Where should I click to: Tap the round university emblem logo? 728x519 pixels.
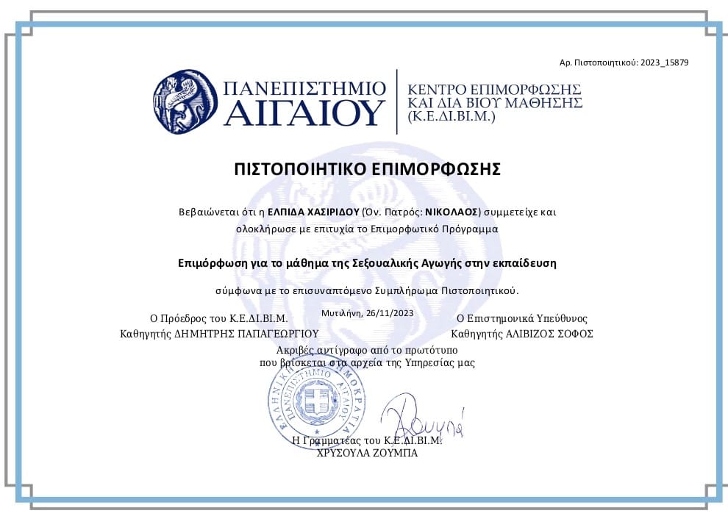tap(185, 102)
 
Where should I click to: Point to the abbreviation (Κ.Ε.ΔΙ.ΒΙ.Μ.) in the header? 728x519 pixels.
tap(452, 117)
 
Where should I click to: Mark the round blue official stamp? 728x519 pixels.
tap(317, 401)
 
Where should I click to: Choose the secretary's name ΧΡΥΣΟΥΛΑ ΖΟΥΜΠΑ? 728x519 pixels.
tap(367, 454)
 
